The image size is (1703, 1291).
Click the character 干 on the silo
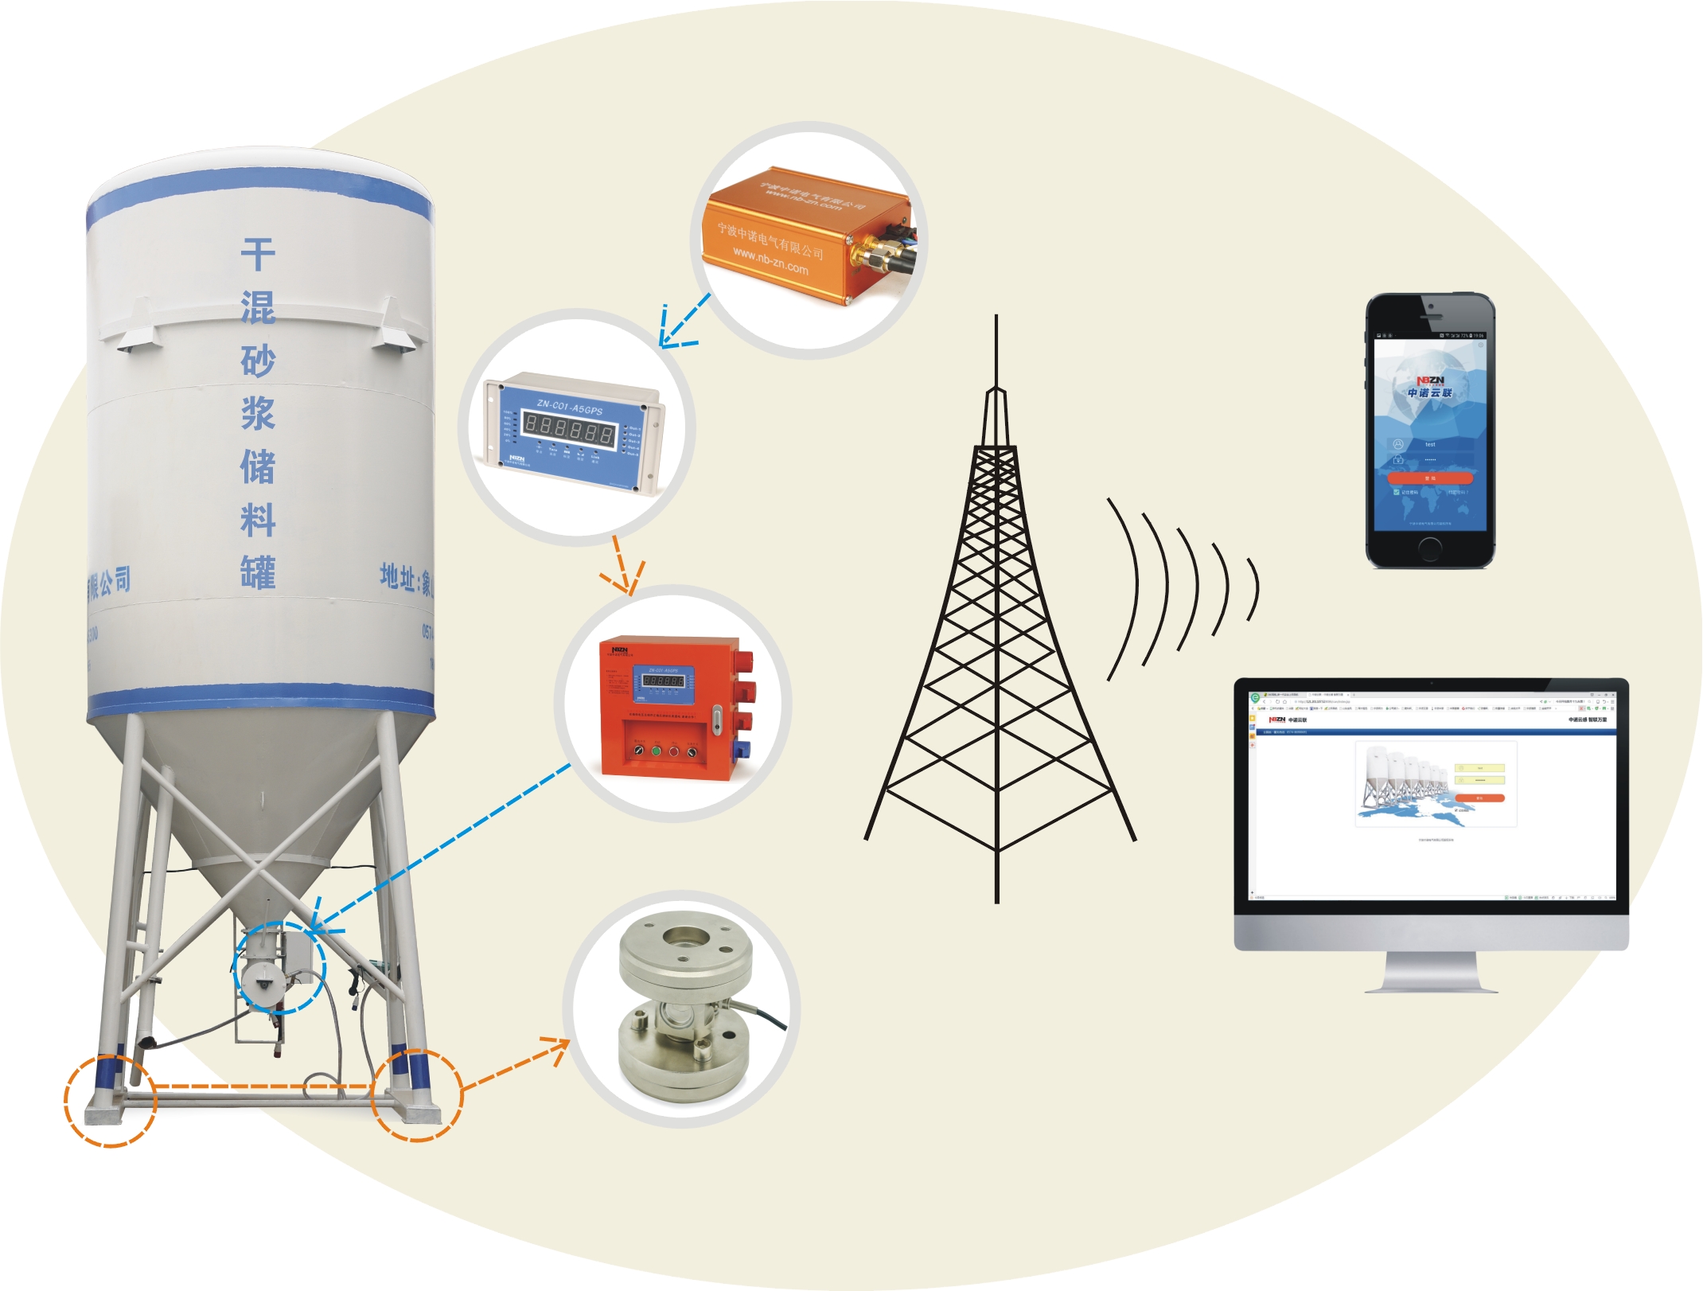(258, 255)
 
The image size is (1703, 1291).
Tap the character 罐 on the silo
(258, 572)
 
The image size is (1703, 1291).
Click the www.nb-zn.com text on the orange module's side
(770, 261)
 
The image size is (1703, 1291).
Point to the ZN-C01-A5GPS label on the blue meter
(569, 408)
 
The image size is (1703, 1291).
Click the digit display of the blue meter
(568, 431)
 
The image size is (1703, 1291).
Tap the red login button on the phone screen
(1429, 478)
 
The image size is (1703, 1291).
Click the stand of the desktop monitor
(1431, 973)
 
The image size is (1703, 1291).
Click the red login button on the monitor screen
(1479, 798)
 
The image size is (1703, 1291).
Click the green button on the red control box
(657, 751)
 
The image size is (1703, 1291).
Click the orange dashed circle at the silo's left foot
(110, 1101)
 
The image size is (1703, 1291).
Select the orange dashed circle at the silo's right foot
(418, 1095)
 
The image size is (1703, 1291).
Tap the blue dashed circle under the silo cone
(279, 967)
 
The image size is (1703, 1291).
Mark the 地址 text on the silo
(398, 575)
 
